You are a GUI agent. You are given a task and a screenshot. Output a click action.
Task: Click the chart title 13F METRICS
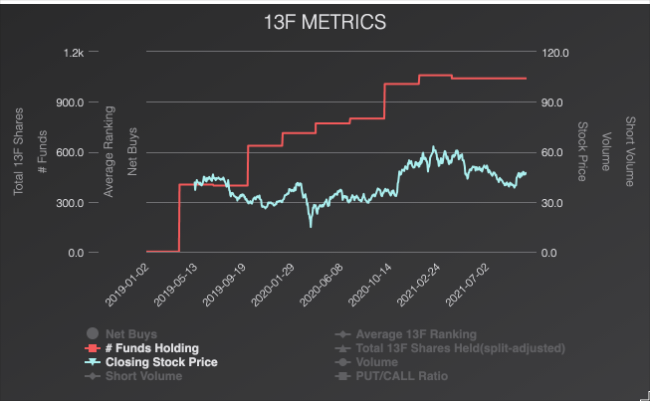click(x=325, y=21)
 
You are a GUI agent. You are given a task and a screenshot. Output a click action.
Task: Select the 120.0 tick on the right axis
click(x=554, y=52)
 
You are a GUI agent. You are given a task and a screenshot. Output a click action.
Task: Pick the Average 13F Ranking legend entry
click(x=416, y=334)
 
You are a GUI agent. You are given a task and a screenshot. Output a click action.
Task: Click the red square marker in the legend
click(x=92, y=348)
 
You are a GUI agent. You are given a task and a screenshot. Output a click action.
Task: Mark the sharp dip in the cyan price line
click(x=311, y=225)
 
